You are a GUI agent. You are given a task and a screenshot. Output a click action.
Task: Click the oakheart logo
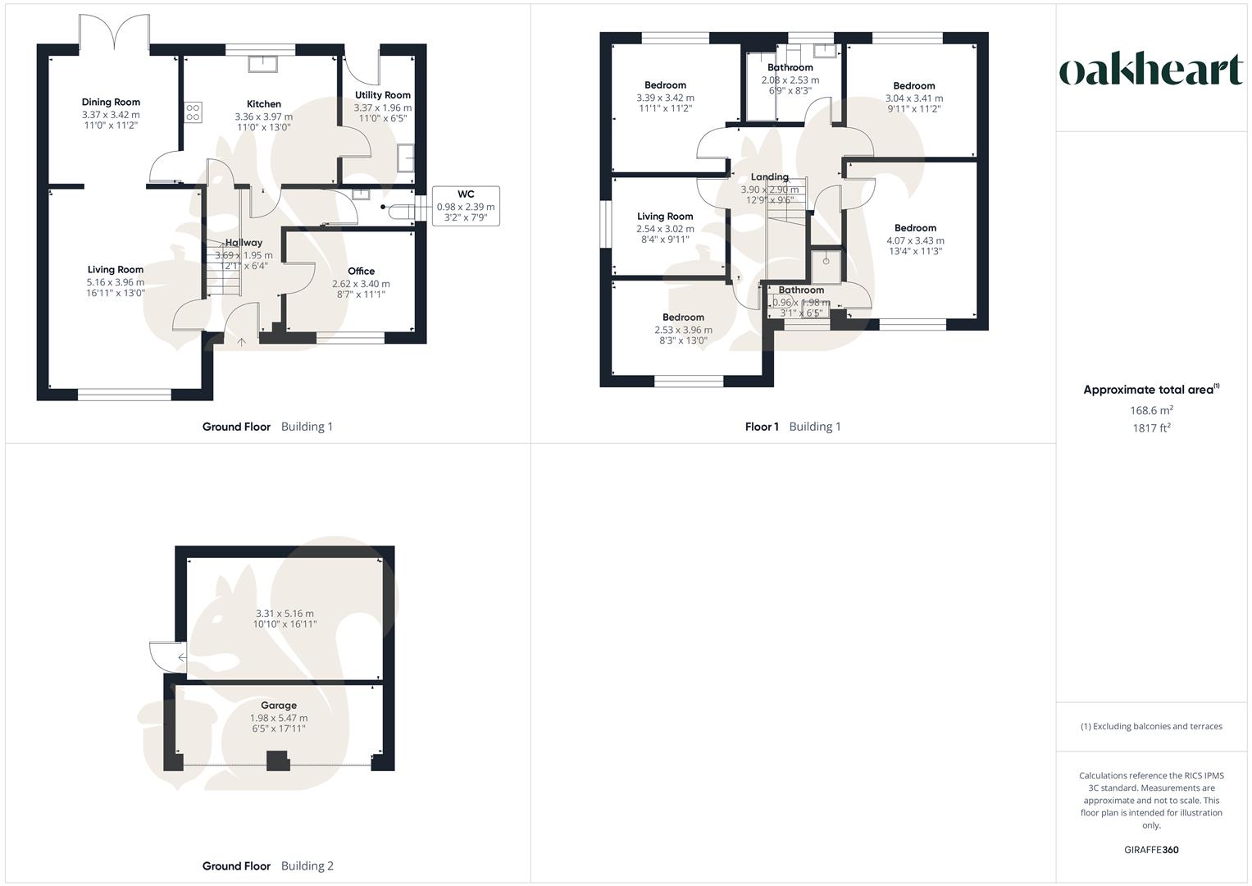(x=1150, y=71)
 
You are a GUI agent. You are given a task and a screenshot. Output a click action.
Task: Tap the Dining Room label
(x=111, y=103)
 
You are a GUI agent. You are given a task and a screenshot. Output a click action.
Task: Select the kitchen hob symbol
(x=193, y=112)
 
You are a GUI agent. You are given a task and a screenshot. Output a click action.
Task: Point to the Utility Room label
(x=382, y=95)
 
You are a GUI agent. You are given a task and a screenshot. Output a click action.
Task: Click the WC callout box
(x=465, y=207)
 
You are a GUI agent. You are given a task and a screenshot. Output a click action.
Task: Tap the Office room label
(x=361, y=271)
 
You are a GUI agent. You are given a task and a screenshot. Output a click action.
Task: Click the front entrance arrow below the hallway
(x=241, y=341)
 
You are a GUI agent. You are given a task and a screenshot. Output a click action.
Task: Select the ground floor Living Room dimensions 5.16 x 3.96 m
(x=116, y=281)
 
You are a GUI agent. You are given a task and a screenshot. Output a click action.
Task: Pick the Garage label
(x=279, y=706)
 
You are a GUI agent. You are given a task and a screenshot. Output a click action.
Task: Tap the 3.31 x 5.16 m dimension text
(x=285, y=613)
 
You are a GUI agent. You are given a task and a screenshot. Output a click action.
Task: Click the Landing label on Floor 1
(x=769, y=177)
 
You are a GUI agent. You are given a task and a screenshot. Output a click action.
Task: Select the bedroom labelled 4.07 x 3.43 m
(x=915, y=240)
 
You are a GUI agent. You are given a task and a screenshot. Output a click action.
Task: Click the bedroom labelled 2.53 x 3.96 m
(x=683, y=330)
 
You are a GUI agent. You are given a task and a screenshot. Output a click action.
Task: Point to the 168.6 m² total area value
(x=1151, y=410)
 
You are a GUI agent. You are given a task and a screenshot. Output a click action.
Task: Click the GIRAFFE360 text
(x=1150, y=850)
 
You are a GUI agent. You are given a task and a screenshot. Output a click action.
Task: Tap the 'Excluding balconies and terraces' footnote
(x=1151, y=726)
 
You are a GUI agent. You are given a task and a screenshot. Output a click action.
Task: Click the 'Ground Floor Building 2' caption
(x=268, y=865)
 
